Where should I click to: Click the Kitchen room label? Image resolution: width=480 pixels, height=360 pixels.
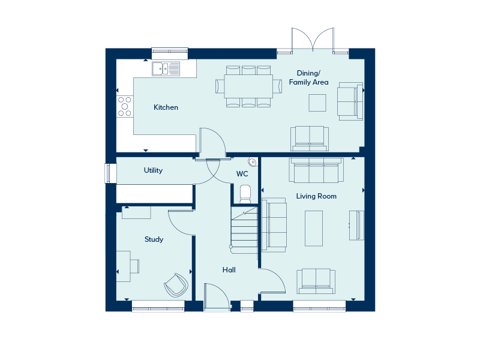tap(166, 107)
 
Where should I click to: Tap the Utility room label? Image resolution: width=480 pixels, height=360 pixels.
tap(153, 170)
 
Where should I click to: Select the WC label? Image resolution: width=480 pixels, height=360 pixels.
tap(242, 174)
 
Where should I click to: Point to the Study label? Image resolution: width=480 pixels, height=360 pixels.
tap(154, 239)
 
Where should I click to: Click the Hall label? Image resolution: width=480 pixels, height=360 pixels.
tap(229, 269)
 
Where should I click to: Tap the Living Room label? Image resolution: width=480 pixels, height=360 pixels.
tap(316, 196)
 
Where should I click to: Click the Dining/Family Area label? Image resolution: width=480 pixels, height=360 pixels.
tap(308, 77)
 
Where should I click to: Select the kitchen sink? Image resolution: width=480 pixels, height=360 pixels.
tap(166, 68)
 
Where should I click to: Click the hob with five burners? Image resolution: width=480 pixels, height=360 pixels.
tap(125, 106)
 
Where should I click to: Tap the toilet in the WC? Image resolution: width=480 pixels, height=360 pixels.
tap(245, 194)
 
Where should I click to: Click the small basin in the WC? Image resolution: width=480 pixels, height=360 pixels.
tap(253, 162)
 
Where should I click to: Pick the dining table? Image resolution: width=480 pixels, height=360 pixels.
tap(248, 86)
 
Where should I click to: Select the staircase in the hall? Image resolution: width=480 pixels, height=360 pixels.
tap(244, 230)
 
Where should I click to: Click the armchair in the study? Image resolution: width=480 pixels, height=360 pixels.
tap(176, 286)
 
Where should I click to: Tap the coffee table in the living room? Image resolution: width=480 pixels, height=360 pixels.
tap(314, 229)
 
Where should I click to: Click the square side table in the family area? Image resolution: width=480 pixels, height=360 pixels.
tap(317, 103)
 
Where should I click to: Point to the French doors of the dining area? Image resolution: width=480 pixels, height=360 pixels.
tap(313, 40)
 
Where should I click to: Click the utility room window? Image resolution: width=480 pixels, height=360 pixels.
tap(107, 173)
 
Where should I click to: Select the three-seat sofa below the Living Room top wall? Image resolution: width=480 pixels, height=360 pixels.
tap(316, 170)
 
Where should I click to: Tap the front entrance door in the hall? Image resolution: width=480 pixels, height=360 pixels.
tap(217, 296)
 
